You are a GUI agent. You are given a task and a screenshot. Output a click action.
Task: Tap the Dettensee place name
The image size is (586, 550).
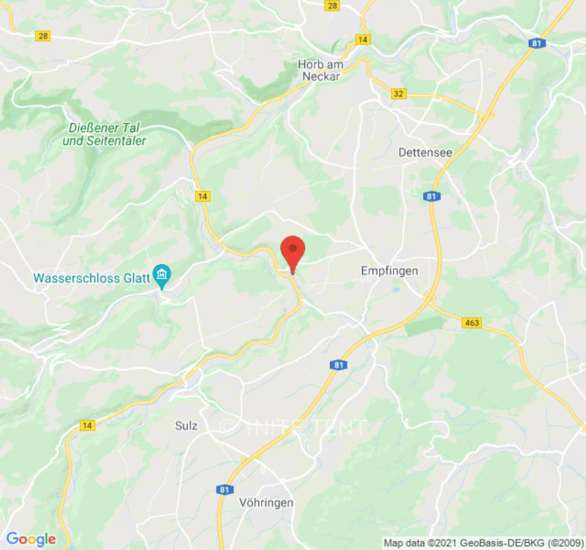pyautogui.click(x=425, y=153)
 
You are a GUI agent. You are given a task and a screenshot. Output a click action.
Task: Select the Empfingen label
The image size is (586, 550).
pyautogui.click(x=390, y=271)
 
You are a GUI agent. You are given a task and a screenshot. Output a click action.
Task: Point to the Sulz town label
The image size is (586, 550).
pyautogui.click(x=186, y=426)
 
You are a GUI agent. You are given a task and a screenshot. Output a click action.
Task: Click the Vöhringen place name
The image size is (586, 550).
pyautogui.click(x=267, y=503)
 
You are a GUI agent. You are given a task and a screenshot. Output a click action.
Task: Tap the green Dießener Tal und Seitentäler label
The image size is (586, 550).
pyautogui.click(x=108, y=134)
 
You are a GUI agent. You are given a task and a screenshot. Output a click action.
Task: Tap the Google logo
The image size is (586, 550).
pyautogui.click(x=30, y=539)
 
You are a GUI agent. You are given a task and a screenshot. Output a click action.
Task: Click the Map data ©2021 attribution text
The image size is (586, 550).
pyautogui.click(x=483, y=542)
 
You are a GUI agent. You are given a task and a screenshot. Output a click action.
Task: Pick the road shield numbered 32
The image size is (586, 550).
pyautogui.click(x=398, y=93)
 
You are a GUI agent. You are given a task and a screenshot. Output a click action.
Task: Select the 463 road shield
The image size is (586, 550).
pyautogui.click(x=472, y=322)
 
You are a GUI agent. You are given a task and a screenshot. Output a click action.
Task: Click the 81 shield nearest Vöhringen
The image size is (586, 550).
pyautogui.click(x=224, y=489)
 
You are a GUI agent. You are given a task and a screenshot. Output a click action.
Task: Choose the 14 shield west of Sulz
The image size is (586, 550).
pyautogui.click(x=87, y=426)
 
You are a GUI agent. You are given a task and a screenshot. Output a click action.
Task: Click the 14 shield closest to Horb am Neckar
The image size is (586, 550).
pyautogui.click(x=363, y=39)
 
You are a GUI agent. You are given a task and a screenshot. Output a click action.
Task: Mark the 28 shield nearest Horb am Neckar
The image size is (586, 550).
pyautogui.click(x=333, y=5)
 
